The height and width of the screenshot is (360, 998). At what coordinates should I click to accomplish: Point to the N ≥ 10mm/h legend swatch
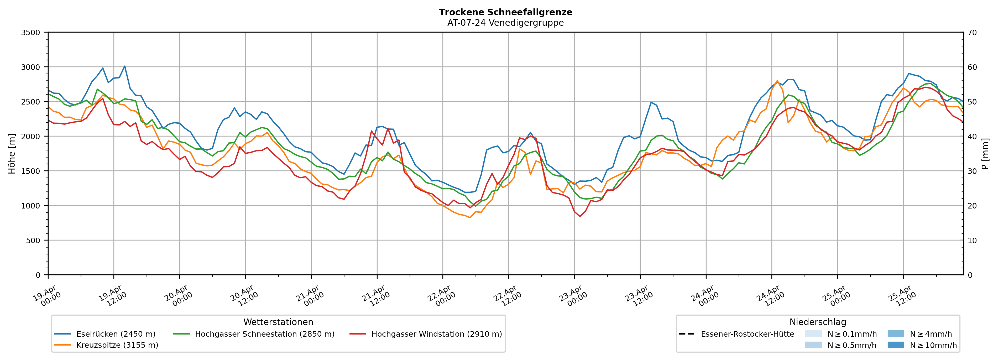click(895, 345)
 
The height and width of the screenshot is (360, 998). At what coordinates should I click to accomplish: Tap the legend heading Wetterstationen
click(278, 322)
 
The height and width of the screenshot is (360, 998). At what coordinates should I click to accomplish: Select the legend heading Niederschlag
click(817, 322)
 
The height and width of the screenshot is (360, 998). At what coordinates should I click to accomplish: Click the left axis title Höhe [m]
click(12, 153)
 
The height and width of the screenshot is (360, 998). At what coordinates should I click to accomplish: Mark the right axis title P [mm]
click(985, 153)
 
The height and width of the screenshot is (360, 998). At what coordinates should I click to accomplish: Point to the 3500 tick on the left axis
click(31, 33)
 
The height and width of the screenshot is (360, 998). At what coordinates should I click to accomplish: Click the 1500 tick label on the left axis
click(31, 171)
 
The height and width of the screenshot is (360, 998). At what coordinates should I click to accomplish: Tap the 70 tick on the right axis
click(972, 33)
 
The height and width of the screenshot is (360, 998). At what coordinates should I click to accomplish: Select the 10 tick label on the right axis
click(972, 240)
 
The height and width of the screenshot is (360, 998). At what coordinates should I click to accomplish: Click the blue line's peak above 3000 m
click(124, 66)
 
